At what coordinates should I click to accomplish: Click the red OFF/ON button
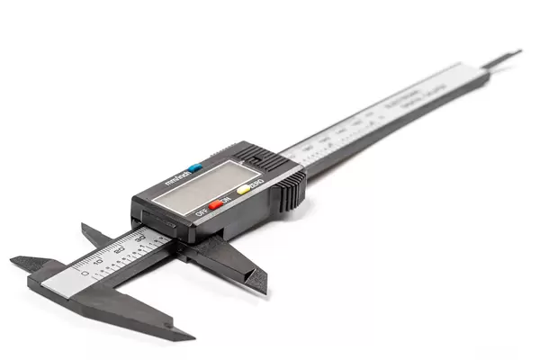coord(215,202)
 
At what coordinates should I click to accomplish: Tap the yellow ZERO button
coord(243,190)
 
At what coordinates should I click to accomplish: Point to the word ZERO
coord(256,184)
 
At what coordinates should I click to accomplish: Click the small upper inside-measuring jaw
coord(94,233)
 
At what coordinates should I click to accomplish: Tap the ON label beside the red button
coord(226,199)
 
